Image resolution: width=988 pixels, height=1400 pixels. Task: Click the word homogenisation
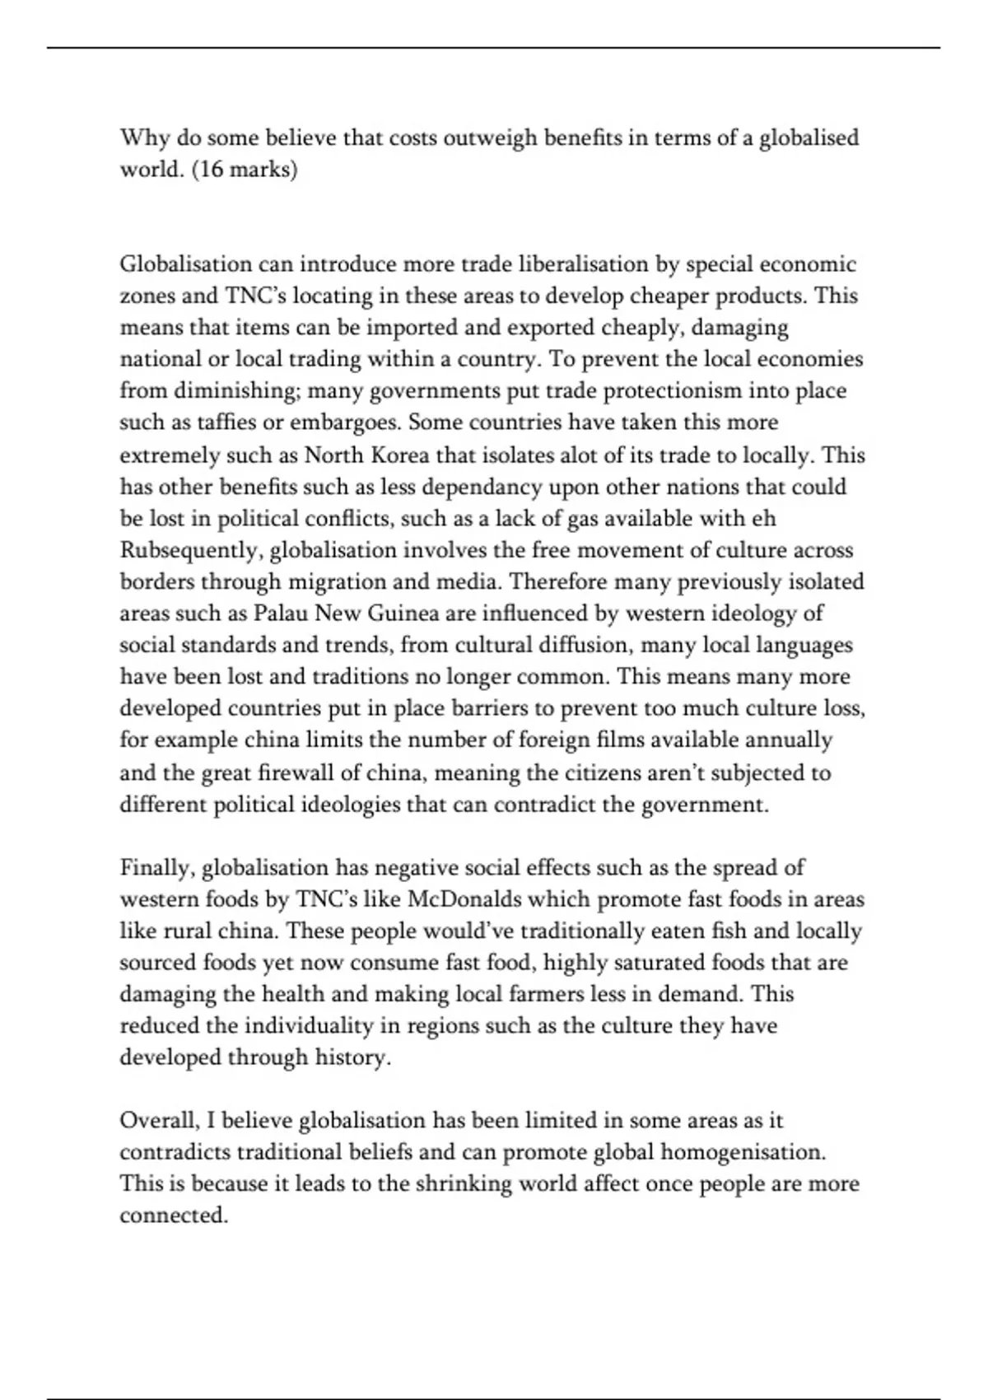[x=743, y=1151]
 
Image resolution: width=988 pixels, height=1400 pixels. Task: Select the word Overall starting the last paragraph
[x=158, y=1121]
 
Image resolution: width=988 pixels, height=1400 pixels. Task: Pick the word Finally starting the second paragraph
[x=156, y=868]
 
